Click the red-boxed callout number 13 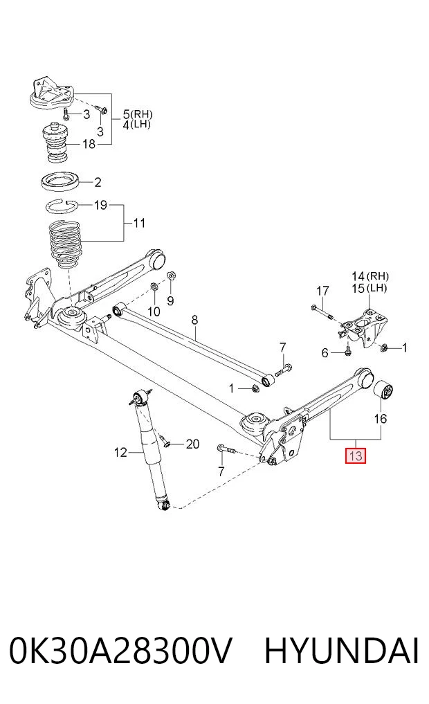coord(355,456)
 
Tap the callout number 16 coord(380,419)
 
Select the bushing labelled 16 coord(384,389)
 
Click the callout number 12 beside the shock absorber coord(120,453)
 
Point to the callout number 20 coord(192,444)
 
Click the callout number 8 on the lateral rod coord(194,320)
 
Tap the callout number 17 coord(322,291)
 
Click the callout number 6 coord(325,353)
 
